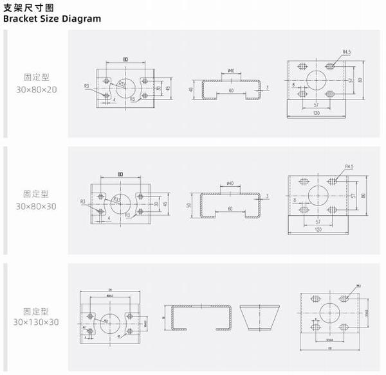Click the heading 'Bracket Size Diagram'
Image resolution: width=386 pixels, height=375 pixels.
52,19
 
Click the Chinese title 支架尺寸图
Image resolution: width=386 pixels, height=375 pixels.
29,6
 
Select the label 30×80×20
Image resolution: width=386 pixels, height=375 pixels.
37,89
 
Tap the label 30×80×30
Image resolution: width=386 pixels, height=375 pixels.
37,206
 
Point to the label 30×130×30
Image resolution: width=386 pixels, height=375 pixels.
37,321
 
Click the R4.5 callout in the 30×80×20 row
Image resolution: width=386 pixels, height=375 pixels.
347,51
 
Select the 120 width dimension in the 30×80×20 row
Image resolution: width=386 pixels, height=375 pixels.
317,112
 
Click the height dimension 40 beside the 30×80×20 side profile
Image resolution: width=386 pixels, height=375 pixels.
191,89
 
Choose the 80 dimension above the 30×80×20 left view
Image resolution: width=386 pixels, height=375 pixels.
125,60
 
